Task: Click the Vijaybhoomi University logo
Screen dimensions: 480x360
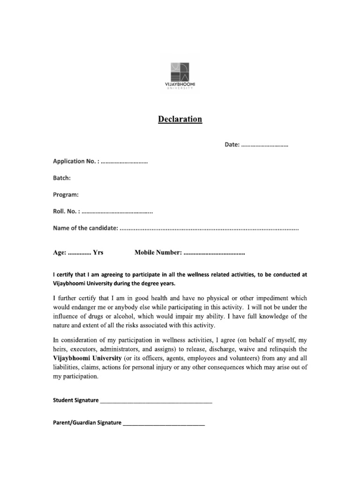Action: pyautogui.click(x=180, y=75)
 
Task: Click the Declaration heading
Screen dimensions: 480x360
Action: pyautogui.click(x=180, y=119)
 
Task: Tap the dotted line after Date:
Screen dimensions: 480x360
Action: pyautogui.click(x=264, y=145)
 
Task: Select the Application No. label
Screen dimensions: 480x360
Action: pyautogui.click(x=75, y=162)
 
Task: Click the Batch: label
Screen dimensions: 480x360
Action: pyautogui.click(x=61, y=178)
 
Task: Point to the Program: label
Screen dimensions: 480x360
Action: pyautogui.click(x=66, y=195)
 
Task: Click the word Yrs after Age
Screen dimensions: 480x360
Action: pyautogui.click(x=98, y=253)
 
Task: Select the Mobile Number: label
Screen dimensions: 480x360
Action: pyautogui.click(x=158, y=253)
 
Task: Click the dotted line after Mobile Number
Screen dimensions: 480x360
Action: pyautogui.click(x=214, y=254)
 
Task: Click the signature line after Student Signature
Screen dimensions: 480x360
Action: pyautogui.click(x=156, y=402)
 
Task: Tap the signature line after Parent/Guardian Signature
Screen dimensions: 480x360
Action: pyautogui.click(x=163, y=424)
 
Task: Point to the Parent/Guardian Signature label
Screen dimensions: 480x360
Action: pyautogui.click(x=87, y=423)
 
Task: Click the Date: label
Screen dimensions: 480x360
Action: pyautogui.click(x=232, y=145)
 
